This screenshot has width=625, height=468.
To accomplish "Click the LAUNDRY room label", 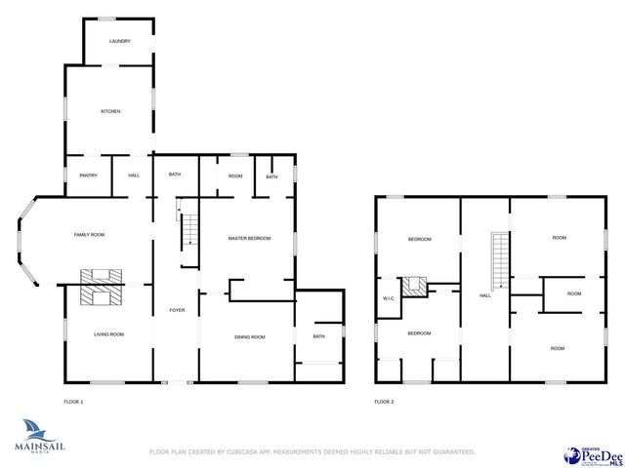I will click(119, 41).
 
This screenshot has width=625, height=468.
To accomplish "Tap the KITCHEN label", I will click(110, 111).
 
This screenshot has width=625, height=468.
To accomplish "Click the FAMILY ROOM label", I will click(89, 235).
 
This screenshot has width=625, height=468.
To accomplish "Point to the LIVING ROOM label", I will click(108, 334).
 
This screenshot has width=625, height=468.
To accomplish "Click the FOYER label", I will click(177, 310).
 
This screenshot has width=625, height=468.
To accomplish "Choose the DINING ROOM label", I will click(249, 337).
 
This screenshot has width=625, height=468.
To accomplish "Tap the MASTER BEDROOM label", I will click(249, 238).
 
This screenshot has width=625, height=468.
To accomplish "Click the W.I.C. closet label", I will click(388, 298).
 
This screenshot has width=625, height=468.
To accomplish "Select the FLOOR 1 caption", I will click(73, 402).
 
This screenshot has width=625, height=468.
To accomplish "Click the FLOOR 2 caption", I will click(384, 402).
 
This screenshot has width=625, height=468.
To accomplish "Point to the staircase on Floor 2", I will click(500, 260).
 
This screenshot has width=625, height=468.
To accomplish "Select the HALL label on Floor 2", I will click(484, 295).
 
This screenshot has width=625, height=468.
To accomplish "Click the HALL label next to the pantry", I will click(134, 175).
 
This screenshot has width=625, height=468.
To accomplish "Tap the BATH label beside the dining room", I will click(319, 337).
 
